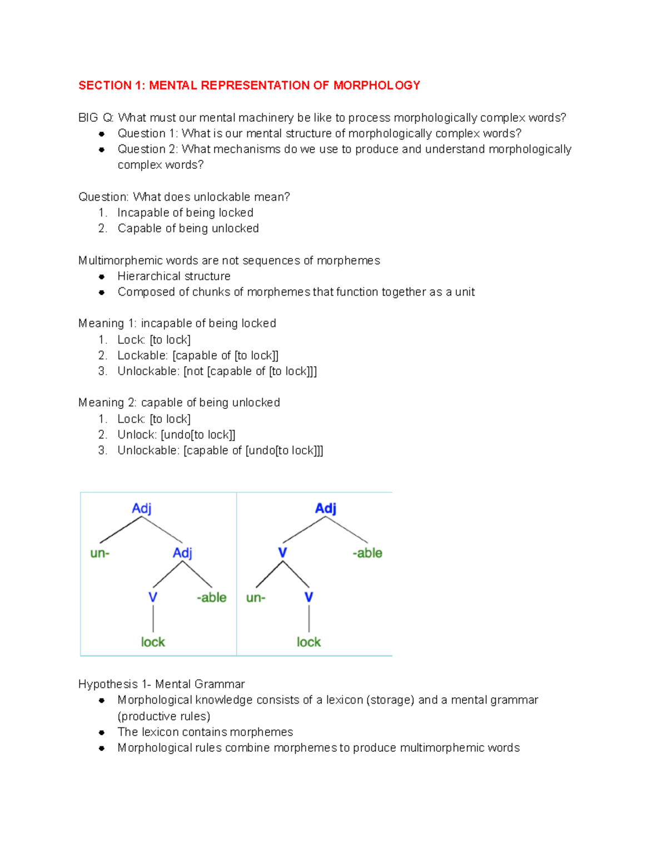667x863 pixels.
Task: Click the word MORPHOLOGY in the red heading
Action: pyautogui.click(x=376, y=85)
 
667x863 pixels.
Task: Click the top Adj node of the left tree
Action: pyautogui.click(x=141, y=508)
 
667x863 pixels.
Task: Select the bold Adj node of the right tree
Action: pyautogui.click(x=326, y=508)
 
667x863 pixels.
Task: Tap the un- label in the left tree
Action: pyautogui.click(x=99, y=553)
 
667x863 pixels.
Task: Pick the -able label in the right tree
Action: pyautogui.click(x=367, y=553)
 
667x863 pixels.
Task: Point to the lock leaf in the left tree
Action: pyautogui.click(x=153, y=642)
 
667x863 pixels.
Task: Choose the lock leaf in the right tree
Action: pyautogui.click(x=308, y=642)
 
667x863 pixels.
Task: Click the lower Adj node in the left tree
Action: pyautogui.click(x=182, y=553)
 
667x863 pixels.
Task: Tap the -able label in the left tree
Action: pyautogui.click(x=212, y=597)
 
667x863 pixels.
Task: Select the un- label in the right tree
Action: pyautogui.click(x=256, y=597)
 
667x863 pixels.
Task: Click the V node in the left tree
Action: pyautogui.click(x=153, y=597)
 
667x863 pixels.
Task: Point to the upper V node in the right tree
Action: pyautogui.click(x=282, y=553)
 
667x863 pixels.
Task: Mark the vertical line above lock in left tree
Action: pyautogui.click(x=153, y=619)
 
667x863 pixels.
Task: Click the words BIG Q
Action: pyautogui.click(x=96, y=118)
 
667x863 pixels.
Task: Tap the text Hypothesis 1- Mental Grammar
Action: pyautogui.click(x=161, y=684)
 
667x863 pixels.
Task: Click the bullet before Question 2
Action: pyautogui.click(x=102, y=149)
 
